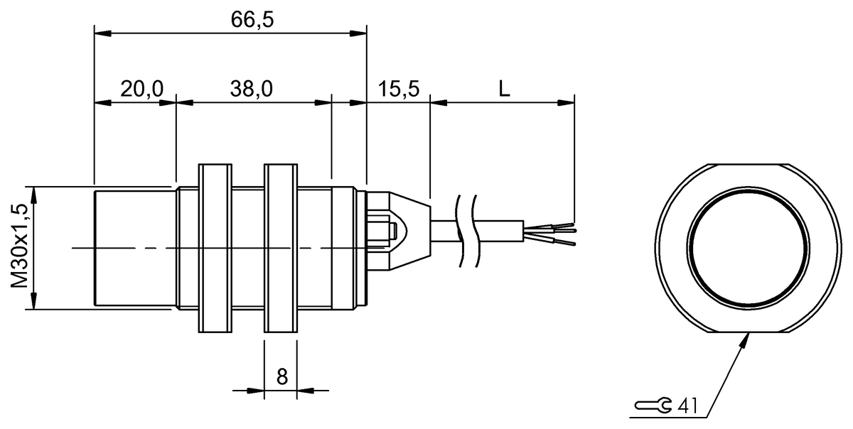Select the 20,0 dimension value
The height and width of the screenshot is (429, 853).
point(141,89)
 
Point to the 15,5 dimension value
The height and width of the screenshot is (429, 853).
point(399,89)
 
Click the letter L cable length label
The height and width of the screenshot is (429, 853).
point(503,89)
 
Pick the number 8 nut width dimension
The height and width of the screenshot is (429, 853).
point(281,376)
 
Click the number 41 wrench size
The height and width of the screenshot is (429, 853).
point(687,406)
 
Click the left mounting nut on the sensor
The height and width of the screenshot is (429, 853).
point(215,249)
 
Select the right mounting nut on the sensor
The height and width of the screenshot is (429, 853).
point(281,249)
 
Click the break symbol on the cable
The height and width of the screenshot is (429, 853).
point(466,231)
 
